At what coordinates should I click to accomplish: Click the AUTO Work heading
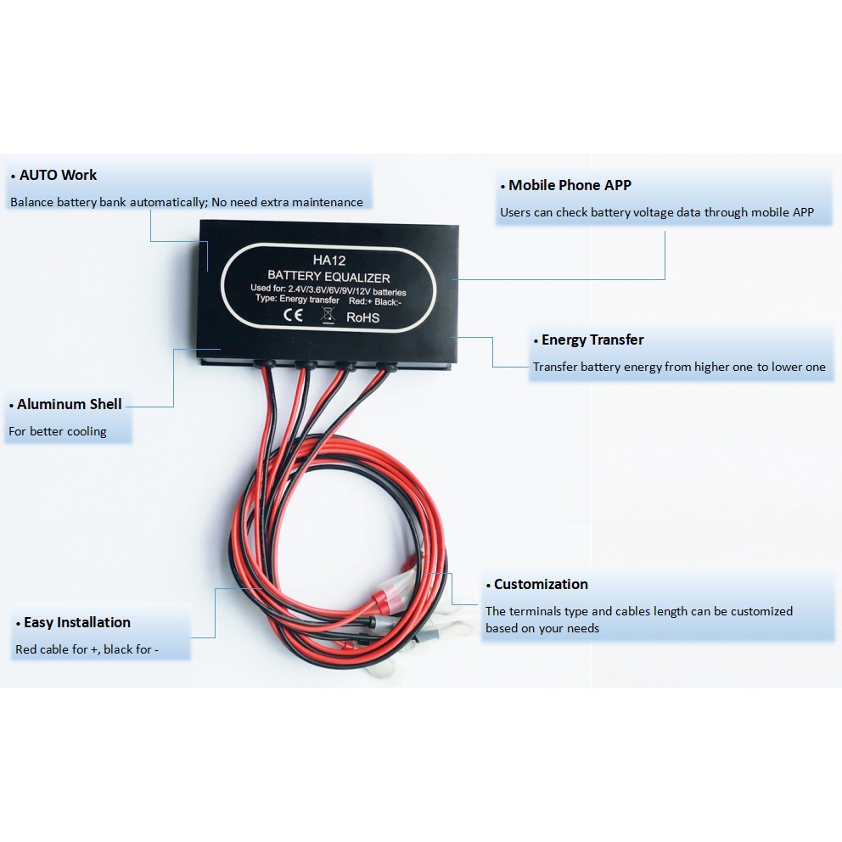[x=58, y=176]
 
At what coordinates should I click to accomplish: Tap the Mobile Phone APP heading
[x=570, y=185]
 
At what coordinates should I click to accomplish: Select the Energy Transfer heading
[x=592, y=340]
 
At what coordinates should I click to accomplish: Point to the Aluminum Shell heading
[x=69, y=404]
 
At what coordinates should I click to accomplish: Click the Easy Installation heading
[x=76, y=622]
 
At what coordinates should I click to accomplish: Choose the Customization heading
[x=541, y=584]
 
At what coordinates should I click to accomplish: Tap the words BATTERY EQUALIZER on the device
[x=328, y=277]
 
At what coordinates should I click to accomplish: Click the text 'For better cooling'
[x=57, y=431]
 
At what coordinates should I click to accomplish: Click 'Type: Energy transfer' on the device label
[x=296, y=300]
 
